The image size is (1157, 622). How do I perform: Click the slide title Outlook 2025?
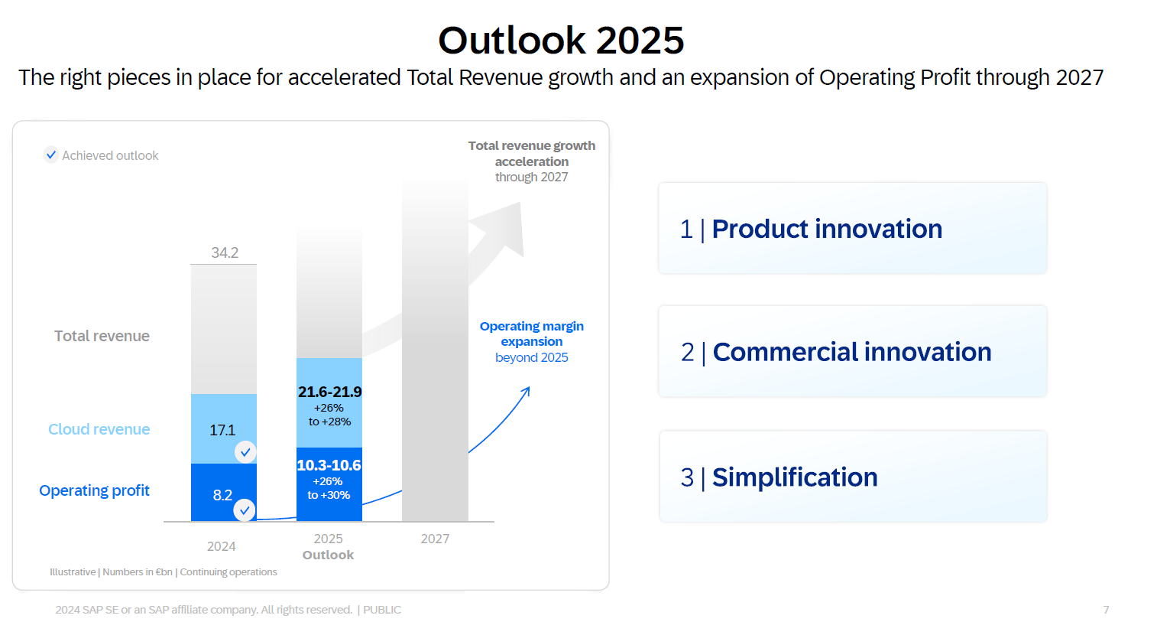pos(561,41)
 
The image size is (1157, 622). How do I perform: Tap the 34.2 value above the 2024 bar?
pos(225,252)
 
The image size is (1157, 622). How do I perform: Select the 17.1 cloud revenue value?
pos(222,430)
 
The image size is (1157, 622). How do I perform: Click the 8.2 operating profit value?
pos(222,495)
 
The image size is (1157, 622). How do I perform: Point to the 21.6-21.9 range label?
pos(329,392)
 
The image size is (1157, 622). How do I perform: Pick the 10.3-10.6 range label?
pos(329,465)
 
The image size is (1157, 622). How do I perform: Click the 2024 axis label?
pos(221,546)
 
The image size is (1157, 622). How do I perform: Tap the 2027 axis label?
pos(435,539)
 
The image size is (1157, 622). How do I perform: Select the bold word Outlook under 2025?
pos(328,555)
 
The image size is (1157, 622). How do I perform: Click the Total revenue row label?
pos(102,336)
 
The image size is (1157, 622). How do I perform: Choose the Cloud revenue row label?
pos(99,429)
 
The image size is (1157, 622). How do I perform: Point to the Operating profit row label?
pos(94,490)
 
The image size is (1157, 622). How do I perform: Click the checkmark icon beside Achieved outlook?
pos(51,155)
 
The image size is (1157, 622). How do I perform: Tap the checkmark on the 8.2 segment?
pos(245,510)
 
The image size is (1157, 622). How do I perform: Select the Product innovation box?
pos(852,228)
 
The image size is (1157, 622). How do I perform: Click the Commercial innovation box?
pos(852,351)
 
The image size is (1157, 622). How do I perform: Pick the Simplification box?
pos(853,477)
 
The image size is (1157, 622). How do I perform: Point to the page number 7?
pos(1106,610)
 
